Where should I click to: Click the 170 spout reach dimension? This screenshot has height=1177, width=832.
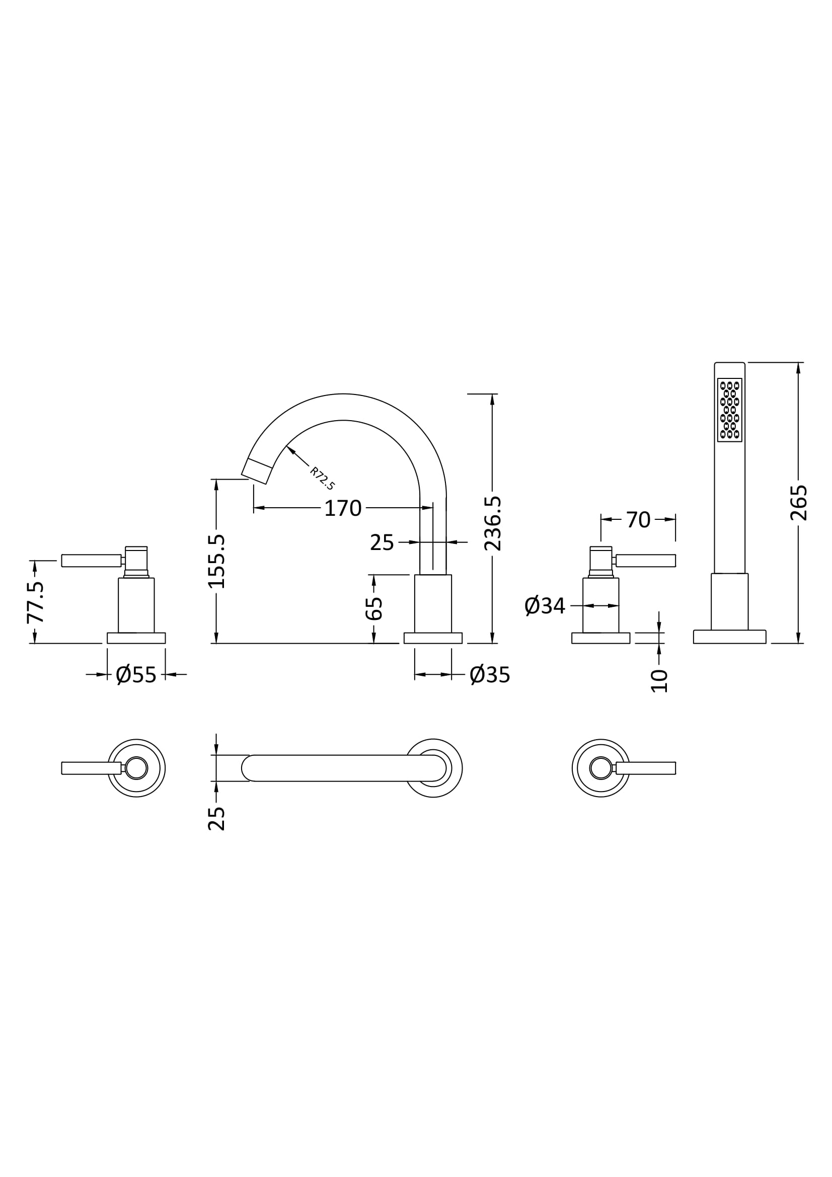coord(343,508)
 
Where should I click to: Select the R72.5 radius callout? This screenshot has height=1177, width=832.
coord(323,478)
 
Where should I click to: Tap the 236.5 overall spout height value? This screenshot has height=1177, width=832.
coord(493,523)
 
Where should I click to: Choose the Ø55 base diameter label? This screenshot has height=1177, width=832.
coord(136,675)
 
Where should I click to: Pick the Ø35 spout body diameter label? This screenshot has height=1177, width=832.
coord(490,675)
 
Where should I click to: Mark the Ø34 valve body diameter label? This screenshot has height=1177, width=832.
coord(545,606)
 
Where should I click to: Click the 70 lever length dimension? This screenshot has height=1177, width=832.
coord(638,520)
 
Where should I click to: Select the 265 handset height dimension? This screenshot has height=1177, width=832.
coord(799,503)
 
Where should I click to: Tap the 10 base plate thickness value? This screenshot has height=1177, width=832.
coord(660,681)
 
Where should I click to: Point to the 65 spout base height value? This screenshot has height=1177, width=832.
coord(374,608)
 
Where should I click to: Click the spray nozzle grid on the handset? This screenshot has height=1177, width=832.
coord(729,410)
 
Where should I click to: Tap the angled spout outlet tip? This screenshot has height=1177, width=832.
coord(256,471)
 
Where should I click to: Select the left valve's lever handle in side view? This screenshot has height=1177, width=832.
coord(91,560)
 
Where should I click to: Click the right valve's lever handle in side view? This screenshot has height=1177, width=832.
coord(645,560)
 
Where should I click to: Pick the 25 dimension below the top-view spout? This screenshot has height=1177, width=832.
coord(216,818)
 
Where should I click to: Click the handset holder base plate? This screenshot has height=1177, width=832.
coord(729,637)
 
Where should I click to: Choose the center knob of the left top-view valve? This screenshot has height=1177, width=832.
coord(136,768)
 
